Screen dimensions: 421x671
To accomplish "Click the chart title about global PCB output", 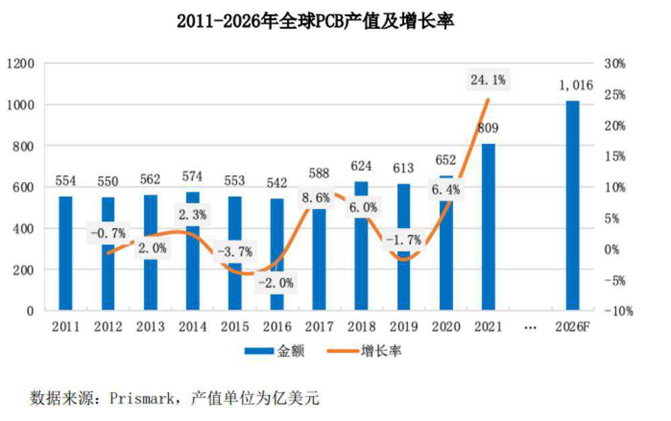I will coord(315,21).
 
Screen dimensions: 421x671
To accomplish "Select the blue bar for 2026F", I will coord(572,205).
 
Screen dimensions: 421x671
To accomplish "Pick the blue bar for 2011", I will coord(65,253).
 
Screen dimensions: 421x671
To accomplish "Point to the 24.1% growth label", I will coord(488,80).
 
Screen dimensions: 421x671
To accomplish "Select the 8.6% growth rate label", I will coord(316,198).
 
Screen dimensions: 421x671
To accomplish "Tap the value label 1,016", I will coord(576,86).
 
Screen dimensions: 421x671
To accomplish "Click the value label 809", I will coord(488,128).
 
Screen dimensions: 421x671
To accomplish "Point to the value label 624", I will coord(361,166).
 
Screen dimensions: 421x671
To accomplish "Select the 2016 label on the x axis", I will coord(277,327).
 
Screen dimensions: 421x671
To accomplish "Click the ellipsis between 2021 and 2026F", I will coord(530,327).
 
